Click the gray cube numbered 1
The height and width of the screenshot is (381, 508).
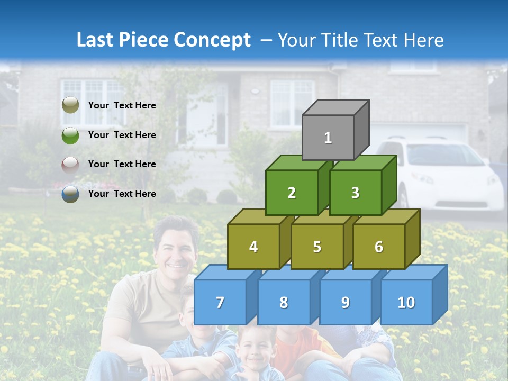[328, 138]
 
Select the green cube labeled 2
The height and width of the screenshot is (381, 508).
[292, 193]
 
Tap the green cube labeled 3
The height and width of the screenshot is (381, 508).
[355, 193]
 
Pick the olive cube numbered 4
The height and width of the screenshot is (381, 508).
[253, 247]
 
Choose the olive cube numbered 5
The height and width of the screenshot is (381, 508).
[317, 247]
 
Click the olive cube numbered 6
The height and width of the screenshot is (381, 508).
[379, 247]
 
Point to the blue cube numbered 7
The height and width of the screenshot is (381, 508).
[220, 302]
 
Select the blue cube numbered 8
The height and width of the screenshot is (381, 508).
[284, 302]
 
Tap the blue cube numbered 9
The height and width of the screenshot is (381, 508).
[346, 302]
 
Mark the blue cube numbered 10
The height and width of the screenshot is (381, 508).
[406, 302]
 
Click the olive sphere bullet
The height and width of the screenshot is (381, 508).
[70, 105]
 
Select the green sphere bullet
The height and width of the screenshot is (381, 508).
[70, 135]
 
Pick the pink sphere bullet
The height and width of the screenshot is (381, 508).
[70, 165]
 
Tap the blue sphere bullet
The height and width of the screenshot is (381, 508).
[70, 194]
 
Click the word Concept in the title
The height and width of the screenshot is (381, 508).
[212, 40]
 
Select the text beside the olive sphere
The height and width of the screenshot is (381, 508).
[122, 105]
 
